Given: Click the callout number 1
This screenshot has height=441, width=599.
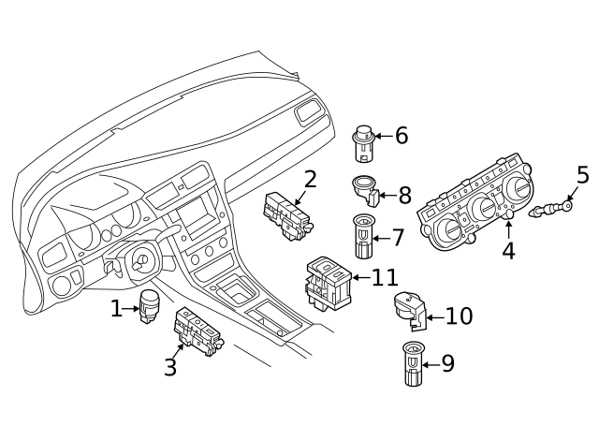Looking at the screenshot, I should pyautogui.click(x=117, y=308).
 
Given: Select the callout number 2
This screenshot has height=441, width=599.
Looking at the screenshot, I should pyautogui.click(x=310, y=178).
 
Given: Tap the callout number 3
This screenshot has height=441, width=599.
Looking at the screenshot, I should pyautogui.click(x=169, y=367).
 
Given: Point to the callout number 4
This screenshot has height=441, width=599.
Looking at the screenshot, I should pyautogui.click(x=508, y=251).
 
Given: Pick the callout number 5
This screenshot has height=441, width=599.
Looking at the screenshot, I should pyautogui.click(x=582, y=174).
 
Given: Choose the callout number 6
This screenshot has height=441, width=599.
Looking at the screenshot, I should pyautogui.click(x=402, y=136).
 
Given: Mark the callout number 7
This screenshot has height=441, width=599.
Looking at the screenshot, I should pyautogui.click(x=398, y=237).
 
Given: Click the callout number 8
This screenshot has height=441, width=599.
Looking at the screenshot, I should pyautogui.click(x=404, y=195).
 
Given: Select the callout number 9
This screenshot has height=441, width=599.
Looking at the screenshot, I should pyautogui.click(x=447, y=362).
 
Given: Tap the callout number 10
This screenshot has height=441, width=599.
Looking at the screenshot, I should pyautogui.click(x=458, y=316).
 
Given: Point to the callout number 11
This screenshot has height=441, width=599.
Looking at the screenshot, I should pyautogui.click(x=384, y=277).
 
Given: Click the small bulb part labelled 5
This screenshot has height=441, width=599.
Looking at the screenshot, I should pyautogui.click(x=552, y=208).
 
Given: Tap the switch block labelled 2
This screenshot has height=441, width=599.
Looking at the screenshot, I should pyautogui.click(x=287, y=217).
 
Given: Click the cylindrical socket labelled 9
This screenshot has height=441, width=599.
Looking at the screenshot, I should pyautogui.click(x=412, y=365).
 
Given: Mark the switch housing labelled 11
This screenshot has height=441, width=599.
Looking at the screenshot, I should pyautogui.click(x=328, y=281).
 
